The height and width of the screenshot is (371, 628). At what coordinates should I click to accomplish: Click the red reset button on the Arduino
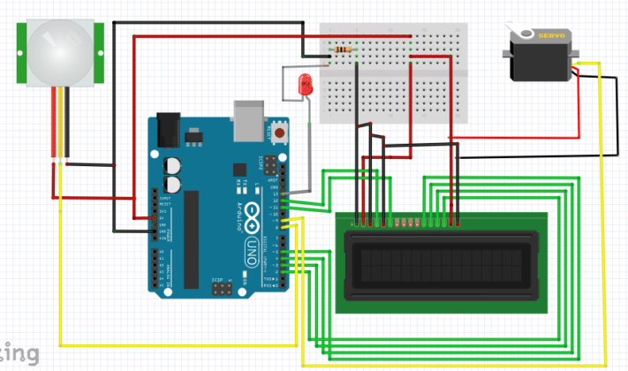(280, 133)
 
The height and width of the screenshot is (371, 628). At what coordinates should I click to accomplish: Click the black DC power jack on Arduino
(168, 130)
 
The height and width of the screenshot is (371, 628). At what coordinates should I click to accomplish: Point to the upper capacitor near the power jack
(174, 165)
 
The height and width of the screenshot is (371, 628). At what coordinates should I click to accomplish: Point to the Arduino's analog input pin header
(160, 269)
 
